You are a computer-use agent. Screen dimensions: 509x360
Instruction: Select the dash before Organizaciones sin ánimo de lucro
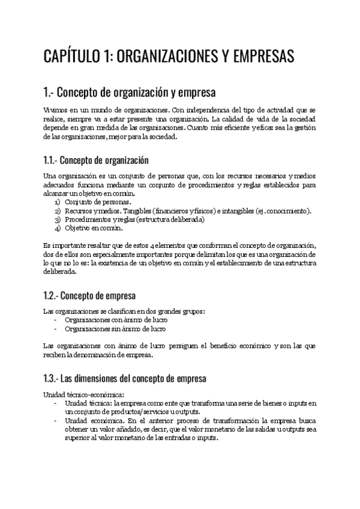pos(56,328)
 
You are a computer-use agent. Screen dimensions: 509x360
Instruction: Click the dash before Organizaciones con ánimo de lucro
pos(56,320)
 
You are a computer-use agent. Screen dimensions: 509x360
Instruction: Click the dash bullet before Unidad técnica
pos(56,403)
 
